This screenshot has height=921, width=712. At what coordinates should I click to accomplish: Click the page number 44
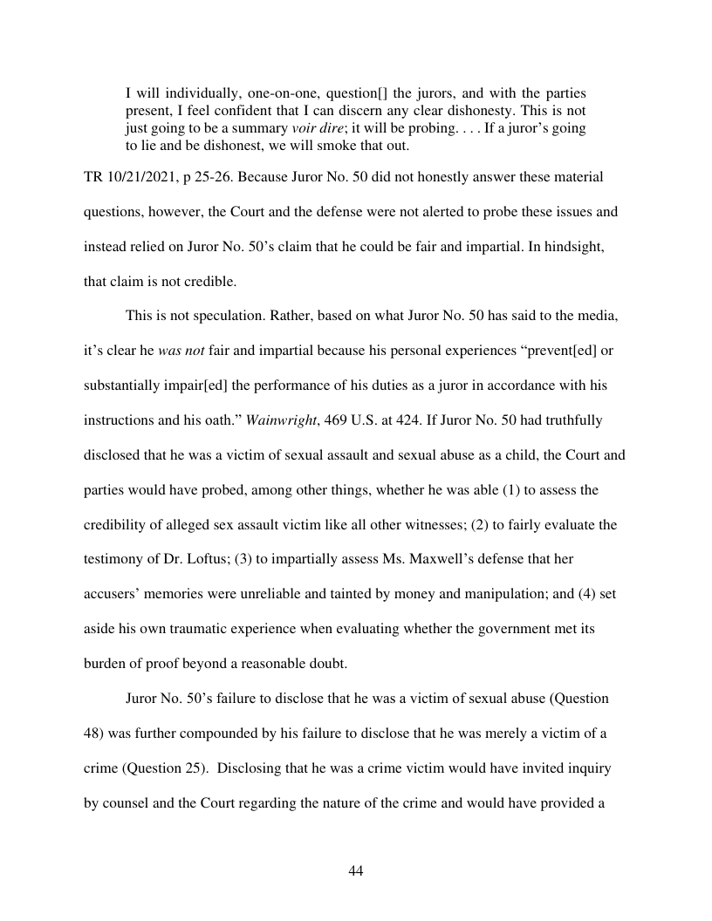tap(355, 871)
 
